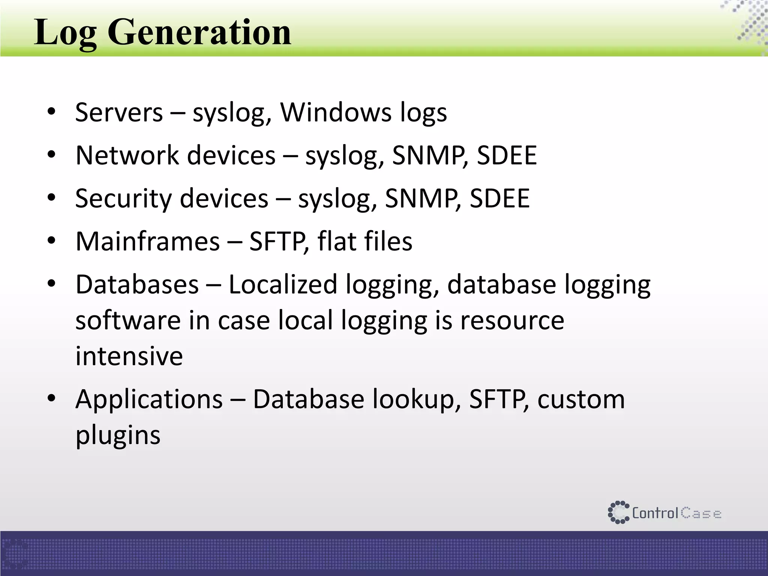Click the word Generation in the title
[199, 33]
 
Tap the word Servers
[119, 112]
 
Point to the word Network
[127, 155]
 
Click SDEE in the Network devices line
[506, 155]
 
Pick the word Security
[123, 198]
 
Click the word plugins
[118, 436]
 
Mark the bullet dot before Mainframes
[51, 240]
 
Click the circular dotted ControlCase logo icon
[618, 512]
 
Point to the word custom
[581, 400]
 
